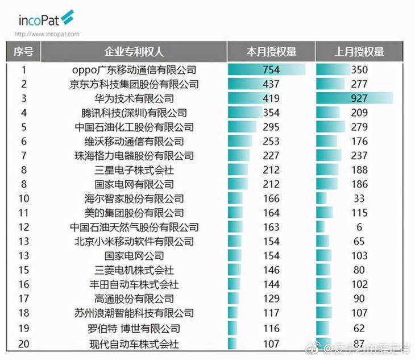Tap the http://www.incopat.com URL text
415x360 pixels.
(47, 34)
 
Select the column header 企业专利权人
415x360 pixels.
(134, 52)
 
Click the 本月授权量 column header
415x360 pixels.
(271, 52)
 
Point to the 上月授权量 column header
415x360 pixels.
(359, 52)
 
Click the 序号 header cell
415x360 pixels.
(24, 52)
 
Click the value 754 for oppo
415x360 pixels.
(271, 70)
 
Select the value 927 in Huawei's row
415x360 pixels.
(359, 98)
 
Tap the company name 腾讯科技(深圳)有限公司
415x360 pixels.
(134, 113)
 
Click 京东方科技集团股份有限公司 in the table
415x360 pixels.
(134, 84)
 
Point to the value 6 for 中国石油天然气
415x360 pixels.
(359, 227)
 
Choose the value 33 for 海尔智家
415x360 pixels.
(359, 198)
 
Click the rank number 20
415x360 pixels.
(24, 344)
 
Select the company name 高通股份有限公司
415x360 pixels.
(134, 299)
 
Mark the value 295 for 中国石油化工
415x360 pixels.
(271, 127)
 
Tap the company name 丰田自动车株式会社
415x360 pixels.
(134, 284)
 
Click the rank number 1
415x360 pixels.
(24, 70)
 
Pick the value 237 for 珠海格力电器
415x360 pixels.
(359, 155)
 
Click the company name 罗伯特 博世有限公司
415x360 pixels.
(134, 328)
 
